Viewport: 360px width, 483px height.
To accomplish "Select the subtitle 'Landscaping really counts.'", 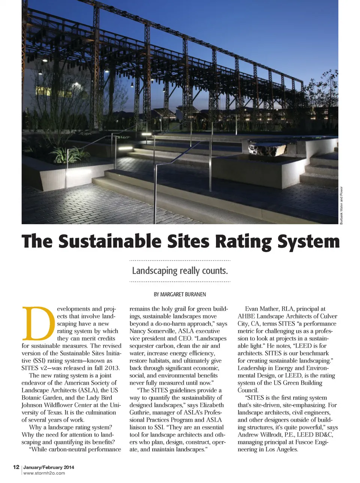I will coord(180,271).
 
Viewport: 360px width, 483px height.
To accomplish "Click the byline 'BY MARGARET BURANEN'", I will coord(180,294).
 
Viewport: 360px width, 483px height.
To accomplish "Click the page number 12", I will coord(16,467).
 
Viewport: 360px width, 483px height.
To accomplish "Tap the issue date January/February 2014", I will coord(49,467).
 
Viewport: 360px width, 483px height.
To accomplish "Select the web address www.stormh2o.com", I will coord(44,473).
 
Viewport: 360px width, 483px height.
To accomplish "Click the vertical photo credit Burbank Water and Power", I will coord(342,205).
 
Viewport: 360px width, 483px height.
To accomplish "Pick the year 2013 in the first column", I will coord(112,368).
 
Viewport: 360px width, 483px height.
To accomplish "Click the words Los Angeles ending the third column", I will coord(282,449).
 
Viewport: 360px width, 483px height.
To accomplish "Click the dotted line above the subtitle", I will coord(180,260).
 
